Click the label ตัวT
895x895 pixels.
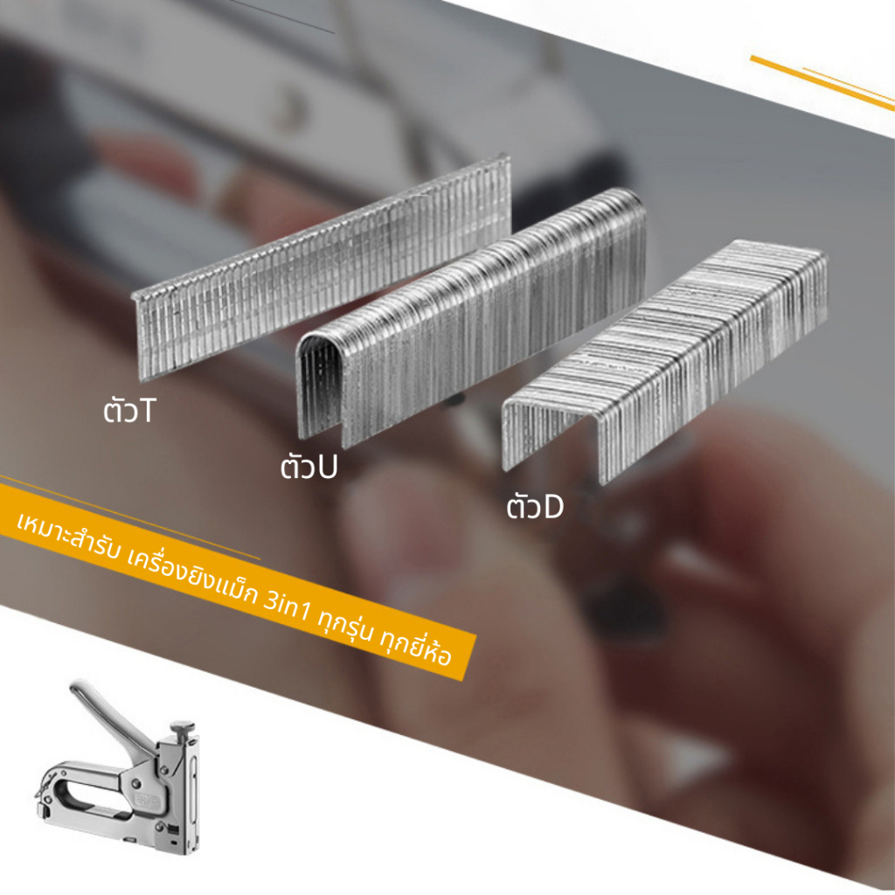click(x=129, y=409)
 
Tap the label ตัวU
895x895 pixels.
click(x=309, y=465)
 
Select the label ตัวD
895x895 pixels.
click(x=535, y=505)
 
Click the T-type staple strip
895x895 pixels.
click(x=322, y=267)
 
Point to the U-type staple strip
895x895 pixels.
click(x=471, y=316)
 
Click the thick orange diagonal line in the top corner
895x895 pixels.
click(x=822, y=83)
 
